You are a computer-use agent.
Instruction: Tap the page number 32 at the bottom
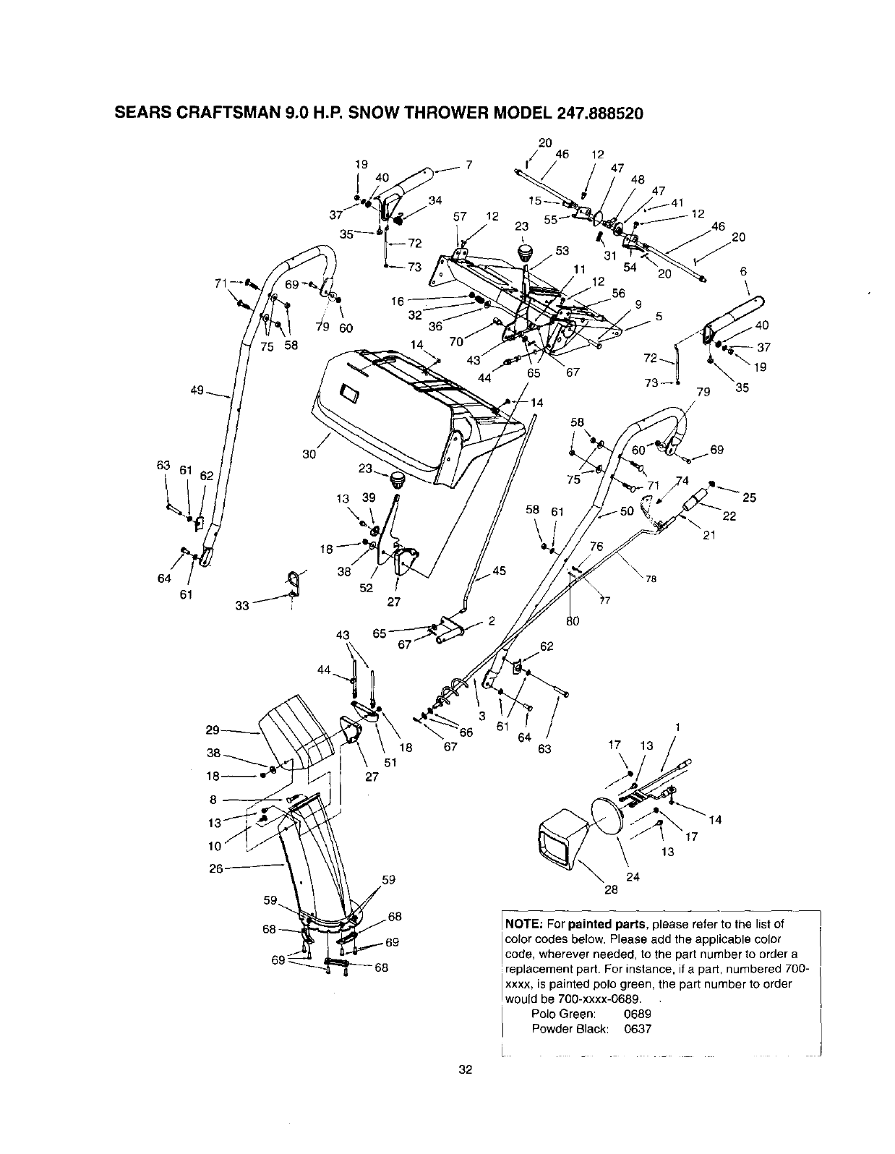tap(465, 1069)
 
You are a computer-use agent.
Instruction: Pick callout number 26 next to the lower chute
tap(215, 868)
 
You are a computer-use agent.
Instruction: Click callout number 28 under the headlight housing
tap(611, 890)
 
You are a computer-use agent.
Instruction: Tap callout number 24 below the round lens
tap(633, 877)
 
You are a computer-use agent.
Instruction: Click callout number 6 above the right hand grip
tap(742, 271)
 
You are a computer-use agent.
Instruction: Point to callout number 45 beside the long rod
tap(499, 571)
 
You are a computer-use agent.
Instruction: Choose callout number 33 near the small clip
tap(242, 605)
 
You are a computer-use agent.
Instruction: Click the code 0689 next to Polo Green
tap(638, 1014)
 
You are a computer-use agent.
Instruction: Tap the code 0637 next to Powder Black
tap(638, 1028)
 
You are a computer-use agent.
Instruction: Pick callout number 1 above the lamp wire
tap(677, 727)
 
